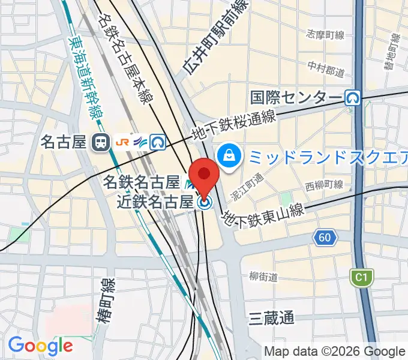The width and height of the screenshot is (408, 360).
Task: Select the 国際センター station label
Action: (296, 97)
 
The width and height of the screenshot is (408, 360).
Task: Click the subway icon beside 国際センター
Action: (353, 97)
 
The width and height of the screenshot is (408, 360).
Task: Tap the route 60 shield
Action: (324, 238)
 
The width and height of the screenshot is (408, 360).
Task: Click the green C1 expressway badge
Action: (360, 277)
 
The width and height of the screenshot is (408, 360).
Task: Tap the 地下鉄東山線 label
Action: (264, 214)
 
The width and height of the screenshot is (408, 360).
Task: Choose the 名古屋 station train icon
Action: (100, 142)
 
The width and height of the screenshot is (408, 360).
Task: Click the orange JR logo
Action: (122, 142)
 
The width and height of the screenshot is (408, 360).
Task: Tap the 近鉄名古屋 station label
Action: (155, 201)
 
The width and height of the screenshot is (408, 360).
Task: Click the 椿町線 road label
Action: (106, 293)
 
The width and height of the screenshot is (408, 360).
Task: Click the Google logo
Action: (40, 345)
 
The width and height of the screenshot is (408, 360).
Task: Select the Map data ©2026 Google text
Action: (335, 352)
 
